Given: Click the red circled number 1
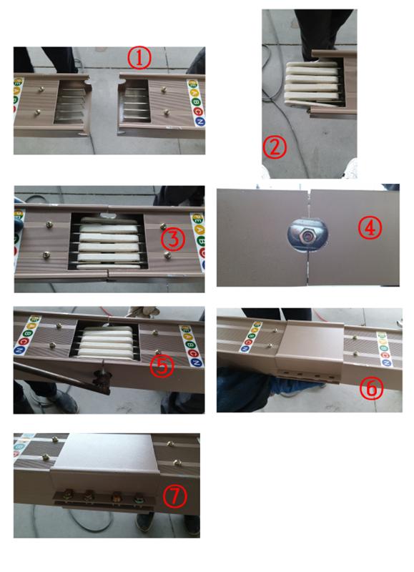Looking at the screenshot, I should coord(139,57).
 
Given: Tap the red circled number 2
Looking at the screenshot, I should coord(275,147).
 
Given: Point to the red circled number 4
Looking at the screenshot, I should coord(371,228).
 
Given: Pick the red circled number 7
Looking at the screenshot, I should coord(172,493).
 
